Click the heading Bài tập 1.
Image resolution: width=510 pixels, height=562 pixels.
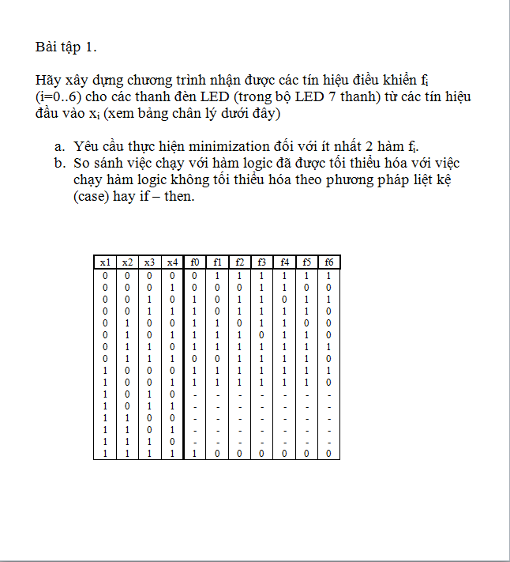66,47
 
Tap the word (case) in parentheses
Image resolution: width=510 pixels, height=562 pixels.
94,196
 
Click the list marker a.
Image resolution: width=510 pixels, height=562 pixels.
59,147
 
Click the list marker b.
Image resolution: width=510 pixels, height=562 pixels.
59,164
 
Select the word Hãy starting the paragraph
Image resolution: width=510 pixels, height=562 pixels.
48,81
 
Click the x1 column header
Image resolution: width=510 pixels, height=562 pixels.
105,262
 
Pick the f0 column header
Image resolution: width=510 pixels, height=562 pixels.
194,262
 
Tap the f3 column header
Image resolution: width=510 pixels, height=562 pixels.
261,262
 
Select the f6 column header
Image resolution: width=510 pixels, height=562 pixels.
328,262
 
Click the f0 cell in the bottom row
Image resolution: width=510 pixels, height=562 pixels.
194,455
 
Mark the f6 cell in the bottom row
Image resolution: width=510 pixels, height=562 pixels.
328,455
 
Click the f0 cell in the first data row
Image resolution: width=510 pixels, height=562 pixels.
194,275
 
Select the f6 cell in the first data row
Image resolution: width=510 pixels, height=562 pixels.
328,275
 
